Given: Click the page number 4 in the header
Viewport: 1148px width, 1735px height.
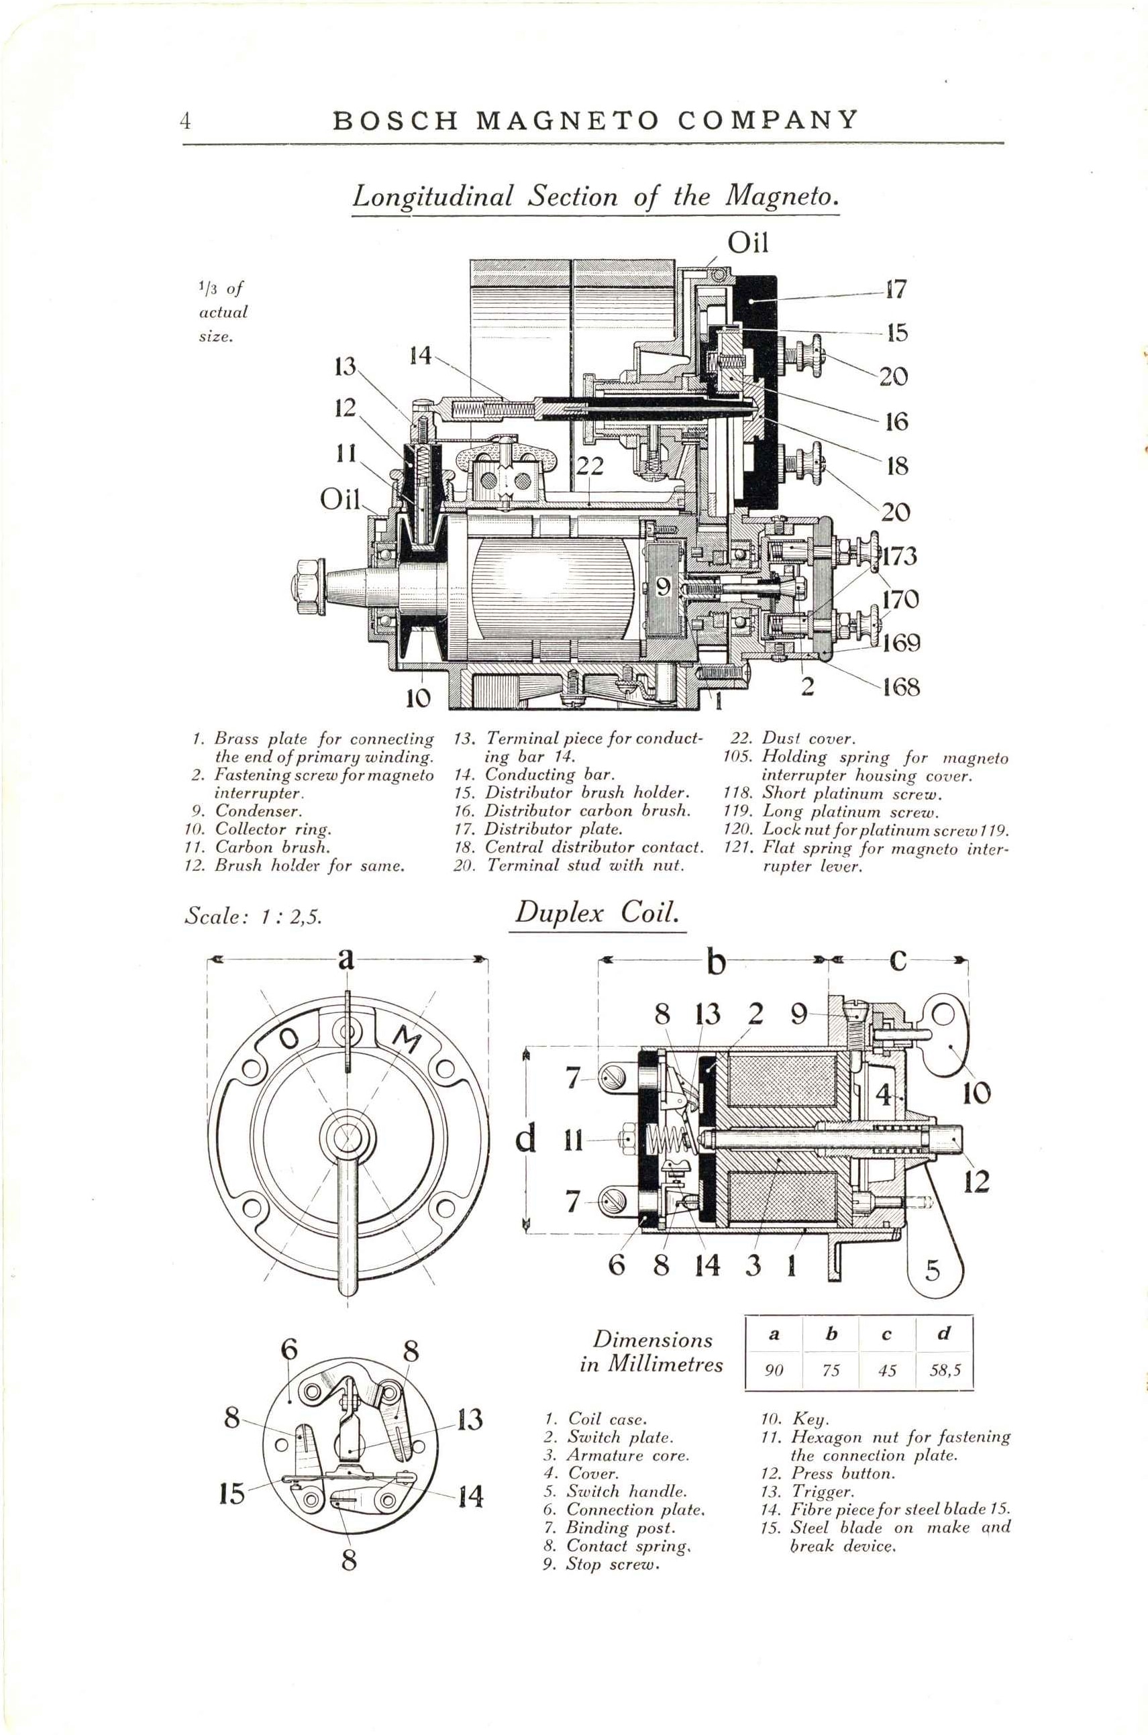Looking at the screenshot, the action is pyautogui.click(x=186, y=120).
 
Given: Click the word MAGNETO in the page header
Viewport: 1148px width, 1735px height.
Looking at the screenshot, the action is pyautogui.click(x=568, y=120).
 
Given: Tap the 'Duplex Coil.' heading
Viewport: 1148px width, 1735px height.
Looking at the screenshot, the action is pyautogui.click(x=597, y=913).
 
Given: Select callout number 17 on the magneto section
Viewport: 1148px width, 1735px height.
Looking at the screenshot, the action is pyautogui.click(x=896, y=289).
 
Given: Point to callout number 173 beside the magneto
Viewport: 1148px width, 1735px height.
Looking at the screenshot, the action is pyautogui.click(x=899, y=556).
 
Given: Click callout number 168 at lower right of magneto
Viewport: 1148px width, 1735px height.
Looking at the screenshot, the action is pyautogui.click(x=900, y=686).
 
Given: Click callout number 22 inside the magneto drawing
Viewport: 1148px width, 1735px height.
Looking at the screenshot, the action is pyautogui.click(x=588, y=466).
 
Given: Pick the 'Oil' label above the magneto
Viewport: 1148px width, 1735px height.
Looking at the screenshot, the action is pyautogui.click(x=747, y=242).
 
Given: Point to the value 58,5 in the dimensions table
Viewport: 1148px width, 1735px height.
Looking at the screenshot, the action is pyautogui.click(x=944, y=1371).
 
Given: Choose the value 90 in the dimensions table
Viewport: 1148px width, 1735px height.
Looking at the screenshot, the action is pyautogui.click(x=774, y=1371).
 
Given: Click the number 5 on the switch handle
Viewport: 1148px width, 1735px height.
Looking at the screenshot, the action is pyautogui.click(x=932, y=1270).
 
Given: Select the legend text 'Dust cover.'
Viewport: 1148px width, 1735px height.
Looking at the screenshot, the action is pyautogui.click(x=808, y=739).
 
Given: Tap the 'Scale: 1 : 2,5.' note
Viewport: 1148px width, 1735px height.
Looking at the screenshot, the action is pyautogui.click(x=254, y=916).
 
